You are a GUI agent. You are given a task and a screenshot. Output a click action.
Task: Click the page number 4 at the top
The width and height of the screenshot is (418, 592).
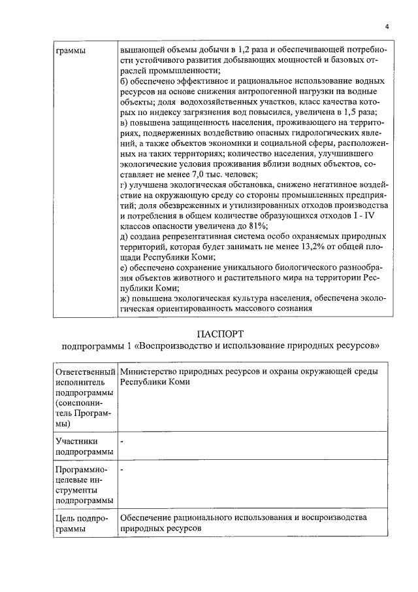click(x=386, y=27)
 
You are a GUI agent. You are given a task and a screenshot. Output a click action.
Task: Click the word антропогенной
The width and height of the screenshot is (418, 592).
click(x=263, y=92)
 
